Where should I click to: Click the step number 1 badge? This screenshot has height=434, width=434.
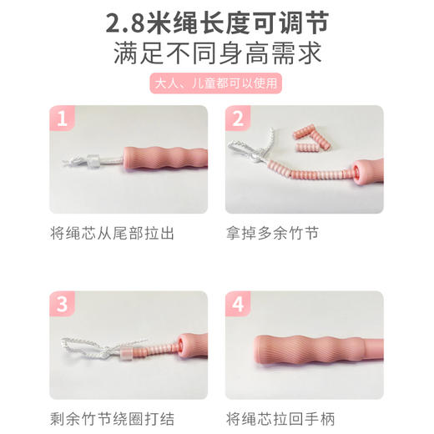[x=62, y=120]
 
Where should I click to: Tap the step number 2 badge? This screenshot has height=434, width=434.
[x=238, y=120]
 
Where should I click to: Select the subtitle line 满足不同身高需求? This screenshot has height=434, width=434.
[x=217, y=54]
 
